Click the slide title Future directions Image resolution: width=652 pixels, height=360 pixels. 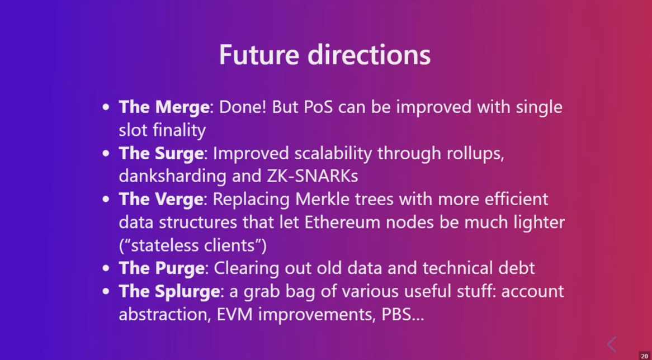(325, 55)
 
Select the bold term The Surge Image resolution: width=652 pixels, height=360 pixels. (162, 153)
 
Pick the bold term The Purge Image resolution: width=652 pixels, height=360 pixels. (162, 268)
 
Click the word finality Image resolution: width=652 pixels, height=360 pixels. (179, 130)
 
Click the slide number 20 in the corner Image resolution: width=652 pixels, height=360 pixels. (644, 356)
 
